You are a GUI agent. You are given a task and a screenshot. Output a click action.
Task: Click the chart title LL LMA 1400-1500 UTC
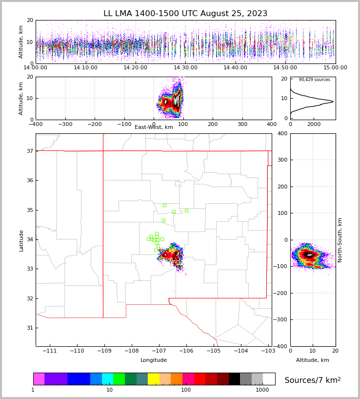pyautogui.click(x=185, y=14)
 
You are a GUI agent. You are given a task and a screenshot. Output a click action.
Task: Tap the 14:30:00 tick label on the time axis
pyautogui.click(x=185, y=68)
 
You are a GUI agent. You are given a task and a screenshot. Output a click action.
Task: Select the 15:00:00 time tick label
pyautogui.click(x=335, y=68)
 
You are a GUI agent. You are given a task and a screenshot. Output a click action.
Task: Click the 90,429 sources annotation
pyautogui.click(x=314, y=80)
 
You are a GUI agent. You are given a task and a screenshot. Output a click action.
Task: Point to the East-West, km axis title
pyautogui.click(x=154, y=127)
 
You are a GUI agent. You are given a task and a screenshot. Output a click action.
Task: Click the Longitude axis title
pyautogui.click(x=154, y=360)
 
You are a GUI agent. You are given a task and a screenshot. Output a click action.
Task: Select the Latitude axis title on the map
pyautogui.click(x=21, y=240)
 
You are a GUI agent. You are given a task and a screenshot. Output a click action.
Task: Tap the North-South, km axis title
pyautogui.click(x=340, y=240)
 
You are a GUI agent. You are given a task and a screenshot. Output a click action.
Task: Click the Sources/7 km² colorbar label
pyautogui.click(x=313, y=380)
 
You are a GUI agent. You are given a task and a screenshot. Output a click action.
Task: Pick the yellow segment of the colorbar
pyautogui.click(x=154, y=379)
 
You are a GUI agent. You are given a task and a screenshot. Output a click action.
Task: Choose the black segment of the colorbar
pyautogui.click(x=234, y=379)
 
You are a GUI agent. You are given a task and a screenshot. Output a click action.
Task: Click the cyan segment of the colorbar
pyautogui.click(x=107, y=379)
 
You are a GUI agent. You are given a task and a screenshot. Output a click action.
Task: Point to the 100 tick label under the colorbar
pyautogui.click(x=186, y=390)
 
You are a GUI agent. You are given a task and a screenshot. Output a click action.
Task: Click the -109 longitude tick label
pyautogui.click(x=103, y=351)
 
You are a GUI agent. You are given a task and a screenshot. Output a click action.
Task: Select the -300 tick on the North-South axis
pyautogui.click(x=281, y=320)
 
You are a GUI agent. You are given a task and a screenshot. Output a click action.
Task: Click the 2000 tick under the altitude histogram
pyautogui.click(x=314, y=125)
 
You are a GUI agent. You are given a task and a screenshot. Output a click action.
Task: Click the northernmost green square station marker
pyautogui.click(x=164, y=205)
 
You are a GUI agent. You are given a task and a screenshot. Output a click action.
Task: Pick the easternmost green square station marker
pyautogui.click(x=186, y=210)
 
